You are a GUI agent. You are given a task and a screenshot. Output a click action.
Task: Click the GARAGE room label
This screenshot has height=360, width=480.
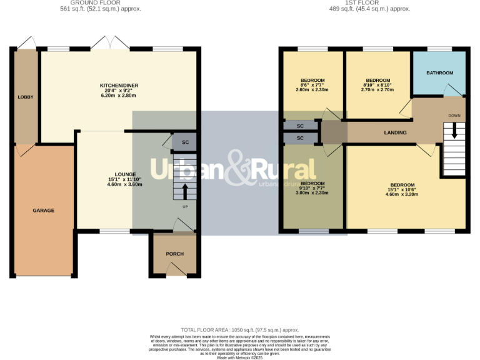tap(43, 211)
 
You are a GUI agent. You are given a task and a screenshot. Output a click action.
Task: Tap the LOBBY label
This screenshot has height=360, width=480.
tap(26, 97)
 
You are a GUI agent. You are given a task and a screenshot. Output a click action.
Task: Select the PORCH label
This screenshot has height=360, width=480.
tap(174, 254)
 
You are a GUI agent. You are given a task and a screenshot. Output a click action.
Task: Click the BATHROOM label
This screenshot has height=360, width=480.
tap(439, 73)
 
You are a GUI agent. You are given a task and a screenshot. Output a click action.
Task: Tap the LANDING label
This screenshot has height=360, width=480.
tap(395, 132)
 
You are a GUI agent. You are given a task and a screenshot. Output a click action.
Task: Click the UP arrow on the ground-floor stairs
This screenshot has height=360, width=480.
tap(184, 190)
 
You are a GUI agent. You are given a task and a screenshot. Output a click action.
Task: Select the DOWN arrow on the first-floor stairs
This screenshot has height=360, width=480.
tap(454, 130)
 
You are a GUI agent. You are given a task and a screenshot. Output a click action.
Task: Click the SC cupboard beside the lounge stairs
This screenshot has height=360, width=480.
tap(185, 142)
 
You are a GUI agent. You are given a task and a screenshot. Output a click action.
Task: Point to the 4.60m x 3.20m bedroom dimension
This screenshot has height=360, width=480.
tap(402, 195)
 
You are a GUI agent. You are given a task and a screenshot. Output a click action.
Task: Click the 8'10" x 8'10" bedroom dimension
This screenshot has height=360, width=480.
tap(377, 85)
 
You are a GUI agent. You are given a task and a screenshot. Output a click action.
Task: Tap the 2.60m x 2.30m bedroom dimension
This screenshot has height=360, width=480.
tap(312, 90)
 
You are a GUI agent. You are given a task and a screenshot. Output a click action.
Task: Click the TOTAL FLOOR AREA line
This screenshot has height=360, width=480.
tap(239, 329)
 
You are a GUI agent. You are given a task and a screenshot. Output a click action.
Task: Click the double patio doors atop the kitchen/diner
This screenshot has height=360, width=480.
tap(110, 44)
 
